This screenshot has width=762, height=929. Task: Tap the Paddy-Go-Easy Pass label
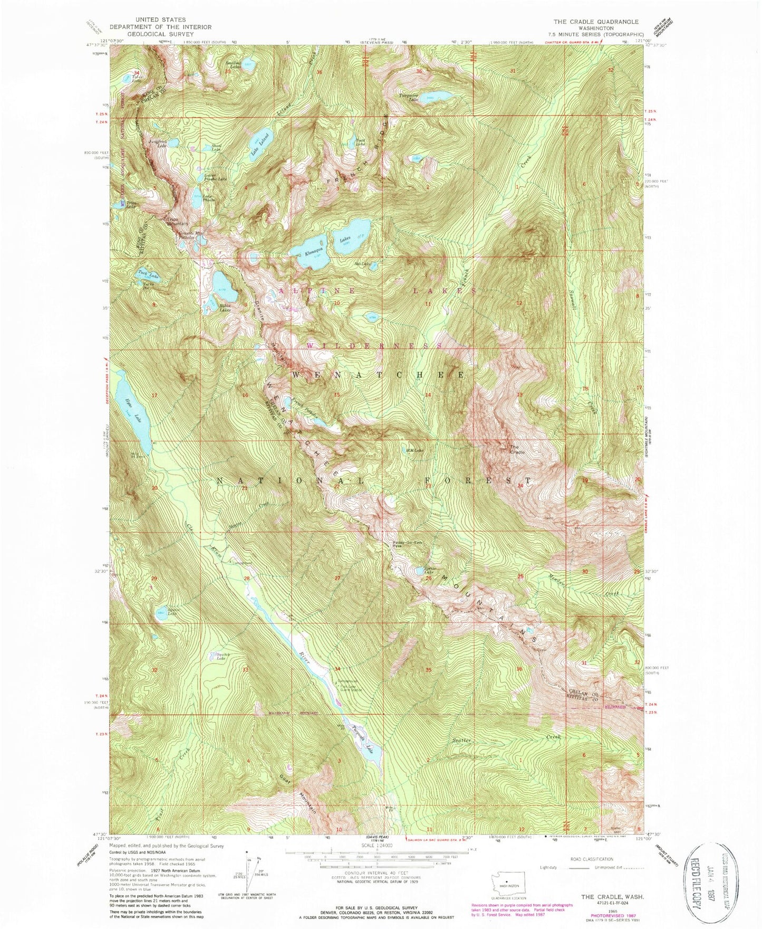pyautogui.click(x=408, y=545)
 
